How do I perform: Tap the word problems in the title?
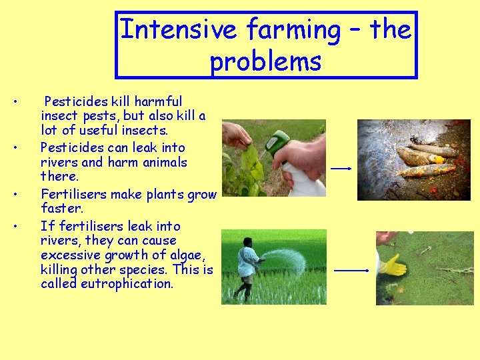265,61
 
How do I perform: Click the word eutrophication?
127,284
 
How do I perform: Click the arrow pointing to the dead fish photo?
341,169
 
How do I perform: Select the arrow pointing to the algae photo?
351,271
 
